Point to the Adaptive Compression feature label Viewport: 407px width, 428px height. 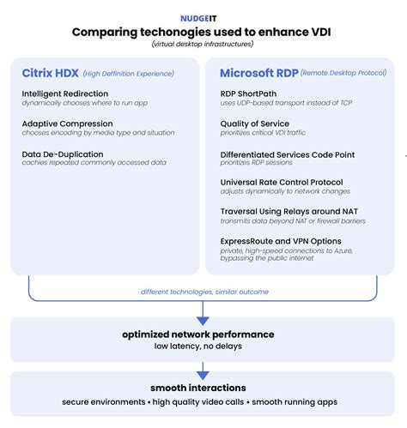point(66,124)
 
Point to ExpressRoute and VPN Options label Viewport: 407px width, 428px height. point(281,241)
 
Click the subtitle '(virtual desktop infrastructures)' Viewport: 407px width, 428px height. point(203,44)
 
